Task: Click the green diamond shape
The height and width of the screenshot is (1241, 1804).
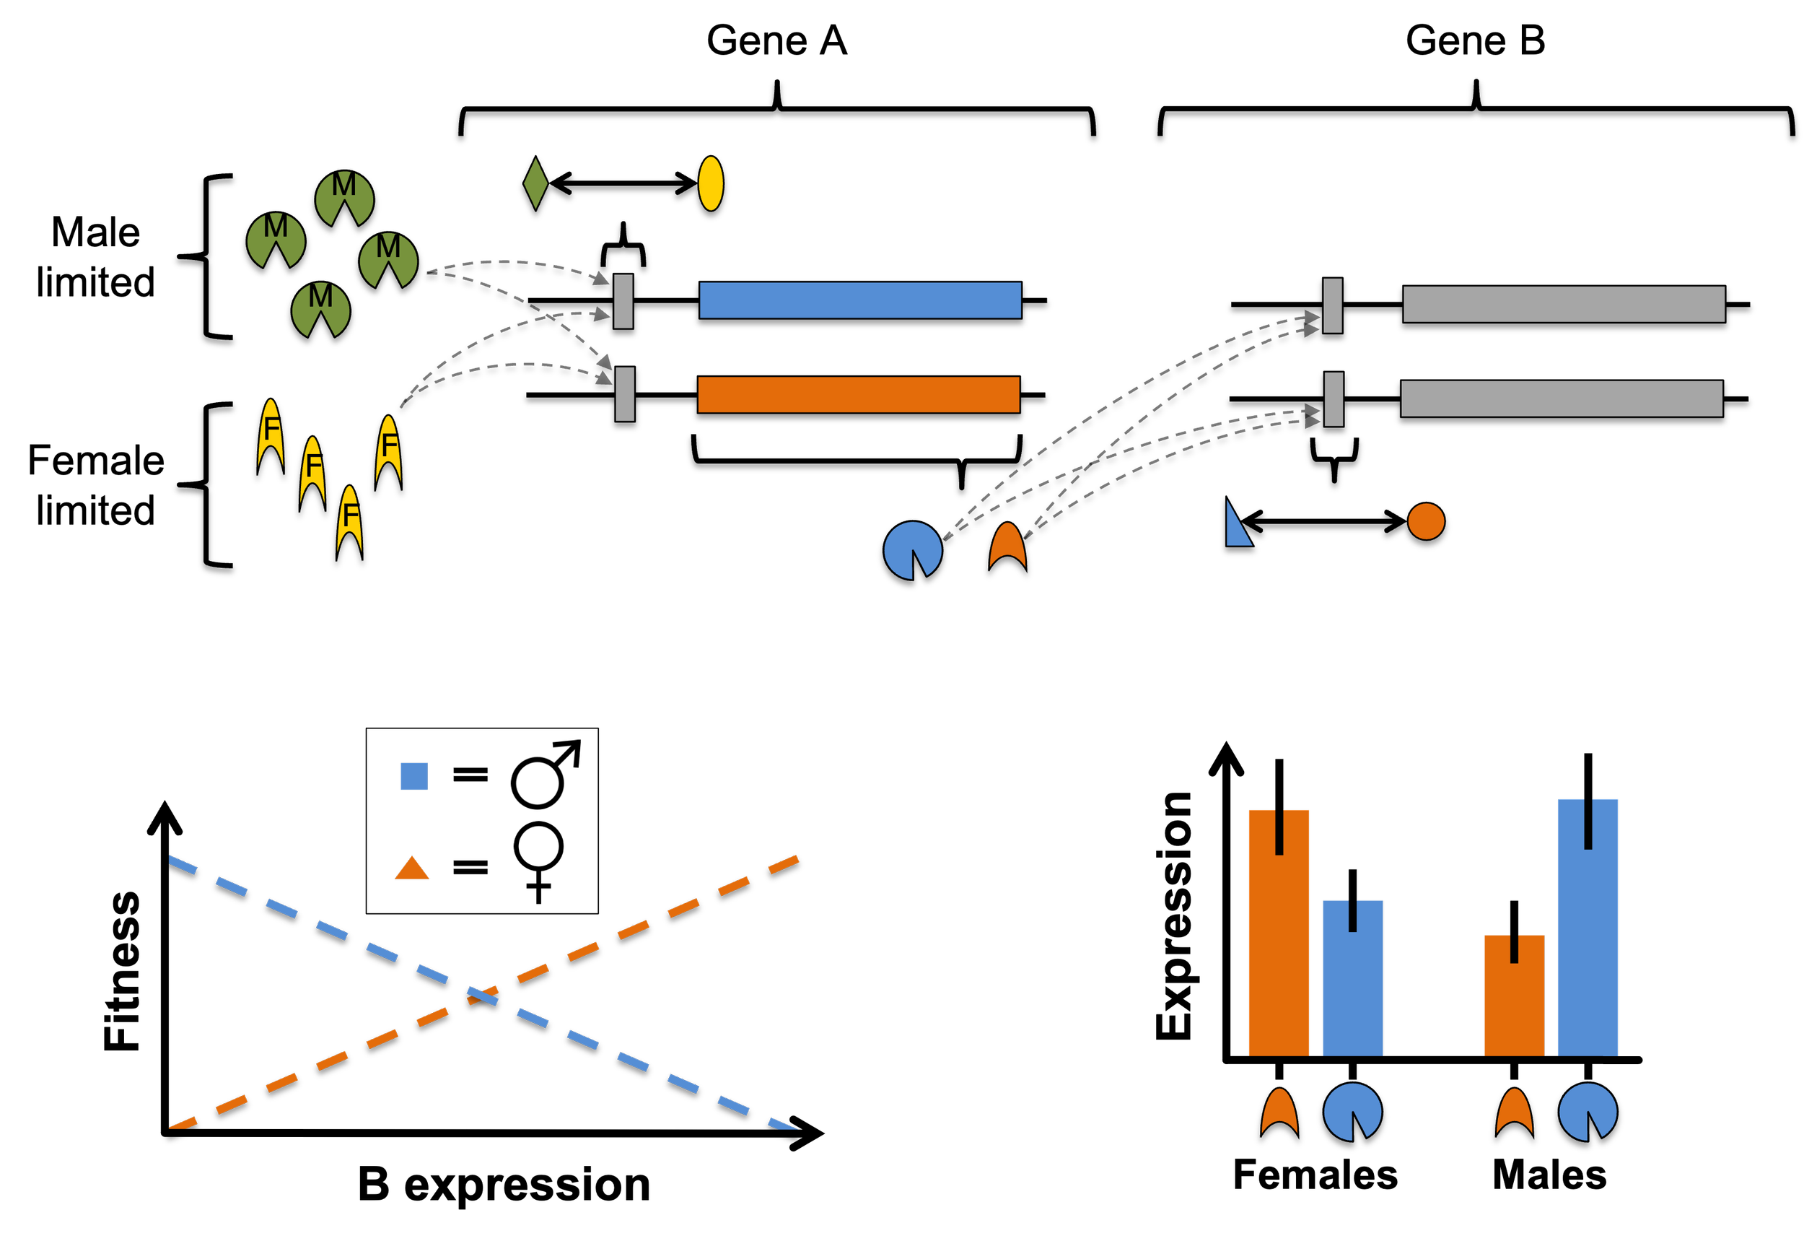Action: [x=535, y=183]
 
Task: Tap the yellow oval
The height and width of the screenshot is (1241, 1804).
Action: [x=710, y=183]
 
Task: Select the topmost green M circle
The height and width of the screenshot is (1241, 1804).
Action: [x=344, y=199]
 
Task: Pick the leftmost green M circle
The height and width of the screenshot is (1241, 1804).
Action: [x=276, y=241]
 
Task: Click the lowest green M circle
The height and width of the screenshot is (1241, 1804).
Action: [x=320, y=311]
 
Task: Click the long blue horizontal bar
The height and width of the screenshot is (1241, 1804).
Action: [x=859, y=300]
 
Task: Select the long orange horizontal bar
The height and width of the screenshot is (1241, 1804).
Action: [x=858, y=394]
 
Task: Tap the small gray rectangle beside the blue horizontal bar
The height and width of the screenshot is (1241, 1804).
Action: [x=623, y=301]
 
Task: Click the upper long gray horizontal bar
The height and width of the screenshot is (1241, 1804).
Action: [x=1564, y=304]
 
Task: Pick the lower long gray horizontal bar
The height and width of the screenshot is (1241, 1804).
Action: [x=1562, y=399]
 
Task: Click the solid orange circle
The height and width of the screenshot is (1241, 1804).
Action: [x=1425, y=521]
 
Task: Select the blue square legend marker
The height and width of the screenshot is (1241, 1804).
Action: [x=414, y=776]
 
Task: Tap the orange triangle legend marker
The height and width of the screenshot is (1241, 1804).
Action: [x=412, y=869]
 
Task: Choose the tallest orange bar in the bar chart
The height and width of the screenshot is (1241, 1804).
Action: [x=1279, y=957]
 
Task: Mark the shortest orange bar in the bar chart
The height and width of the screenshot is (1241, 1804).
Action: [x=1514, y=1003]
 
